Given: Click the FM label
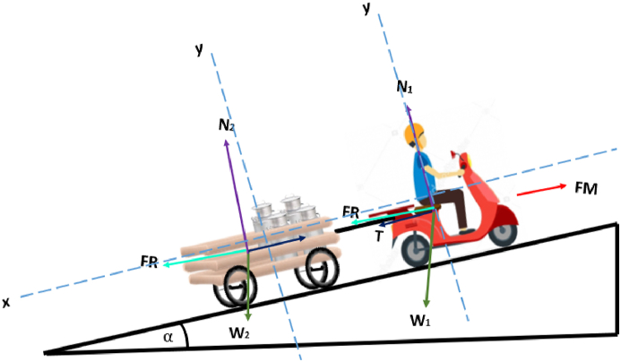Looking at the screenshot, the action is click(585, 189).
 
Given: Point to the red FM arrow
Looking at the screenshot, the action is click(541, 191).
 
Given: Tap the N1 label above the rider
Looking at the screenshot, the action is click(406, 88).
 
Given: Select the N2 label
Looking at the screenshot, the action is click(227, 125).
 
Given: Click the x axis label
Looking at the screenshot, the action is click(6, 303).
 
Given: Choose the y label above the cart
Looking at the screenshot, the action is click(199, 48).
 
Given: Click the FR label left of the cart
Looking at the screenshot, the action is click(149, 262).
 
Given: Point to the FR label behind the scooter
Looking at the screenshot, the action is click(351, 211).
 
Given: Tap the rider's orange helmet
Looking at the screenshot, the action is click(413, 135).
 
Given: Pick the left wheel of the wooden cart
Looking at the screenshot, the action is click(235, 288).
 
